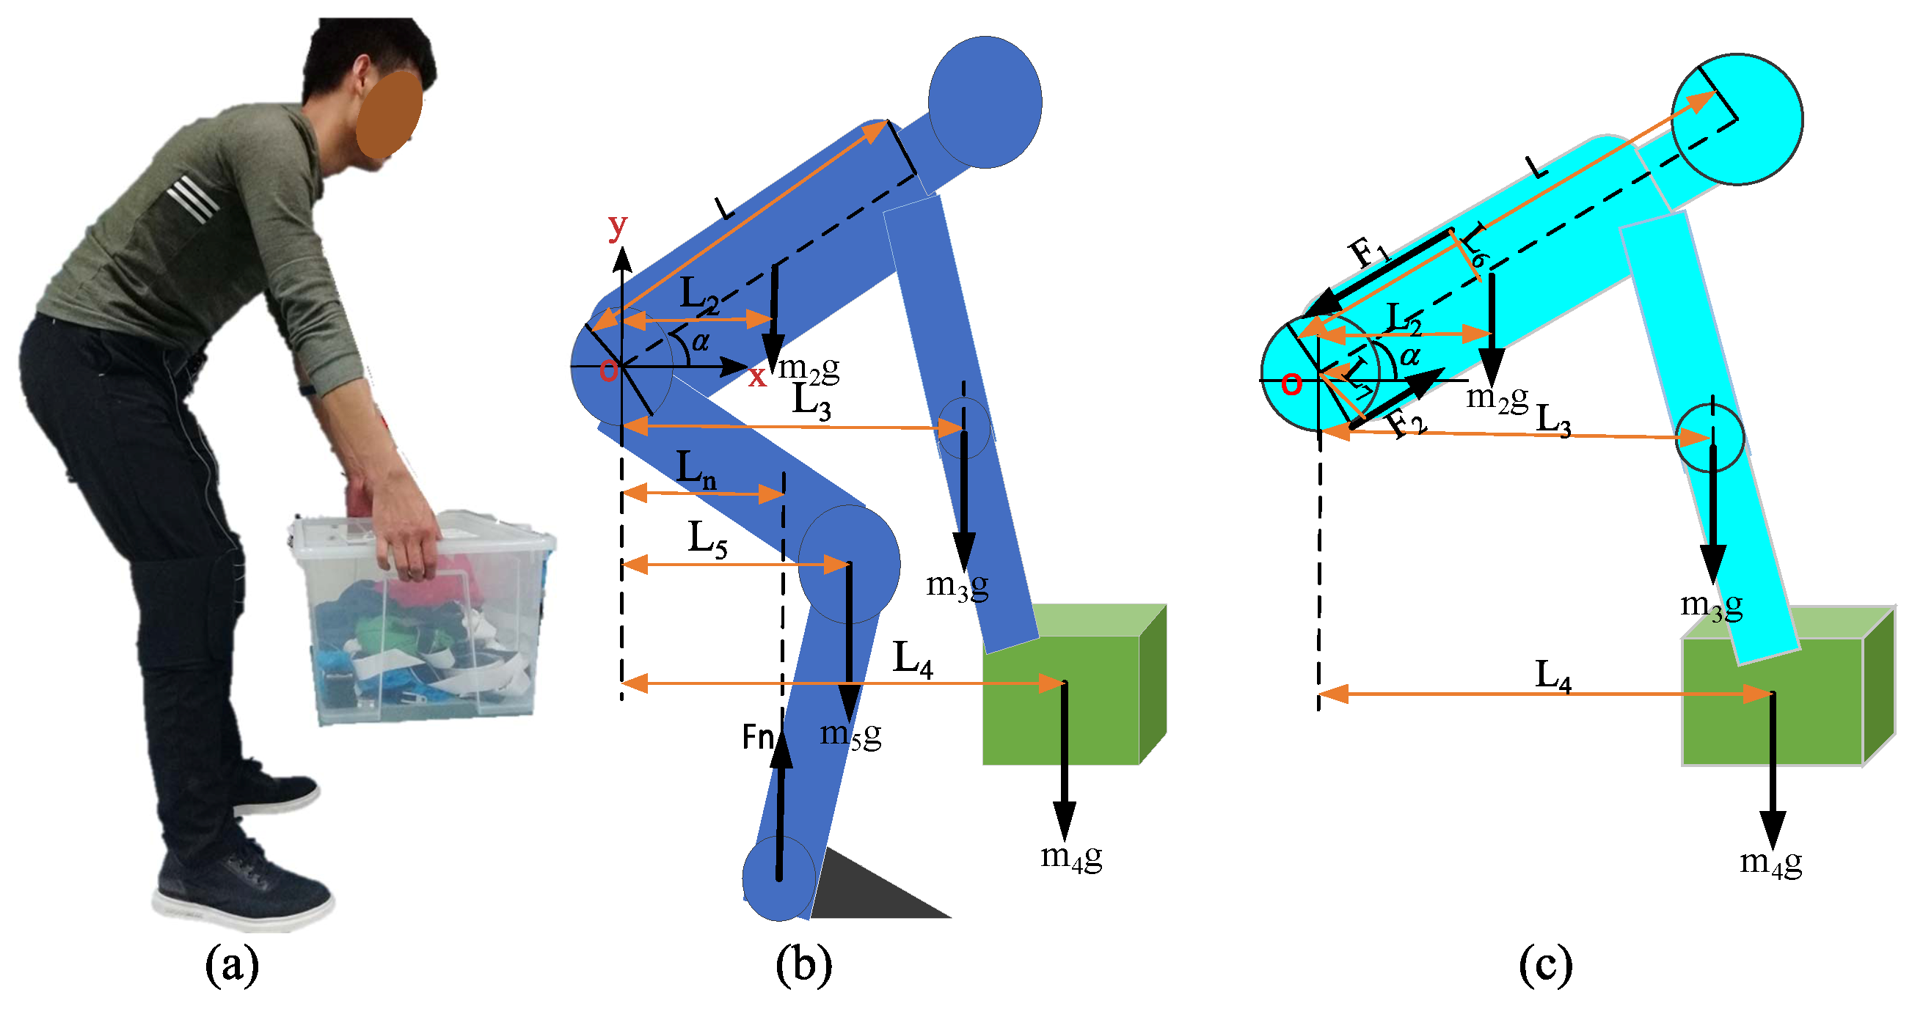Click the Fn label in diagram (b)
point(758,737)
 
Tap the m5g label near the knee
point(850,734)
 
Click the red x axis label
point(756,376)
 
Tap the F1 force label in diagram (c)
point(1368,253)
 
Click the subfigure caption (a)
point(232,965)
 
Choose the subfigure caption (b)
point(803,965)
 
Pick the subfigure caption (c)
point(1545,965)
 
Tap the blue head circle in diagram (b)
point(985,103)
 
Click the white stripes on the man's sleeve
point(193,197)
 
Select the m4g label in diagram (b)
point(1071,856)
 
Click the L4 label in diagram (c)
point(1552,675)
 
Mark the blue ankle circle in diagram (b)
point(778,879)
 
